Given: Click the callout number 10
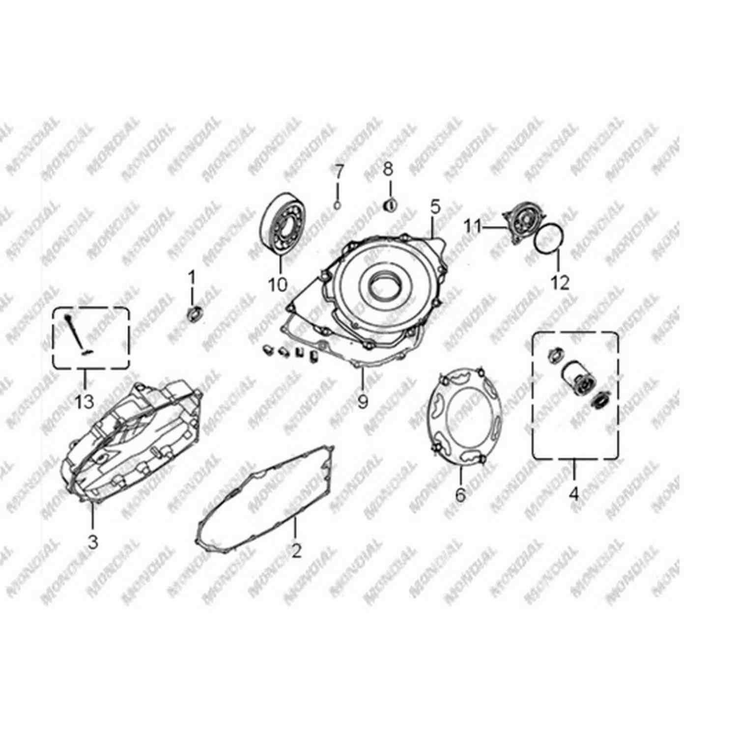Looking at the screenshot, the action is pyautogui.click(x=278, y=284).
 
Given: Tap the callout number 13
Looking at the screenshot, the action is pyautogui.click(x=84, y=402).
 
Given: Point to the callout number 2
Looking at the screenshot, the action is pyautogui.click(x=296, y=551).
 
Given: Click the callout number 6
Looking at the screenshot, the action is pyautogui.click(x=460, y=494).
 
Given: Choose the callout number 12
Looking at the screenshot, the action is pyautogui.click(x=561, y=283).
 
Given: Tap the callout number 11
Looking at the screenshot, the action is pyautogui.click(x=473, y=227).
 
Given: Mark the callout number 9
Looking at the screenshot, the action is pyautogui.click(x=363, y=401).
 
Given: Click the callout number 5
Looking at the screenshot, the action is pyautogui.click(x=434, y=207).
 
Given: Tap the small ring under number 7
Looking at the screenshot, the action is pyautogui.click(x=337, y=205).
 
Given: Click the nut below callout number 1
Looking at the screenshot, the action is pyautogui.click(x=195, y=312).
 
